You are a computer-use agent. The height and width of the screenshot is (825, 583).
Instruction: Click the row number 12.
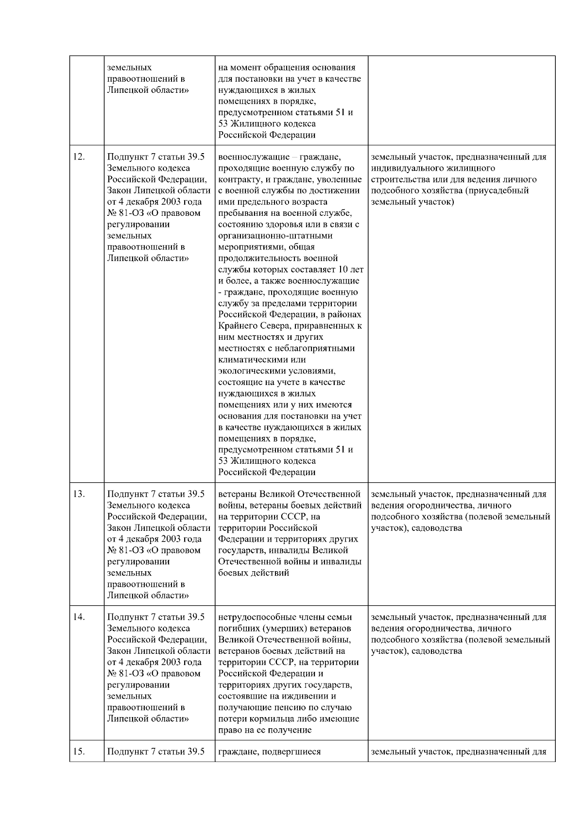[x=79, y=157]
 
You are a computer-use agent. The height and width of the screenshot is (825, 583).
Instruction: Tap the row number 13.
[x=79, y=494]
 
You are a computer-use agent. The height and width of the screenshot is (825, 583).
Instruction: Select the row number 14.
[x=79, y=617]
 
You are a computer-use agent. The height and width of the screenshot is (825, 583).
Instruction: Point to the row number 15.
[x=79, y=752]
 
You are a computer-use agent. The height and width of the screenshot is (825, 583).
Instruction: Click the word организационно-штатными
[x=275, y=236]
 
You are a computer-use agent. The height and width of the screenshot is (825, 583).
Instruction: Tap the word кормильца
[x=265, y=719]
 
